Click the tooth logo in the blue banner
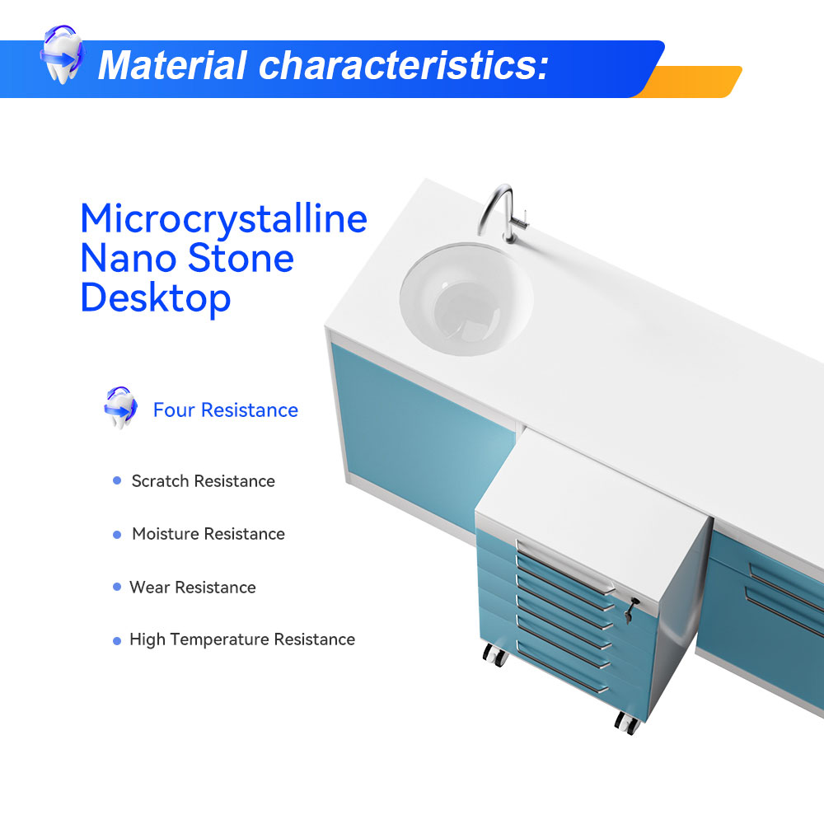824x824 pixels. click(62, 54)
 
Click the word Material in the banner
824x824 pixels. click(172, 65)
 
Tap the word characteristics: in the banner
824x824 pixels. click(404, 65)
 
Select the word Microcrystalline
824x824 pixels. click(224, 218)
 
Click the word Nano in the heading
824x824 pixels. click(129, 258)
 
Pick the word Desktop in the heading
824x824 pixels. click(156, 298)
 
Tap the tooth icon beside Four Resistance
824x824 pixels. click(120, 408)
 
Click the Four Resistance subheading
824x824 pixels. click(226, 410)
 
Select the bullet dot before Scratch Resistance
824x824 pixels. click(117, 480)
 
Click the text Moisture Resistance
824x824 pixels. click(208, 534)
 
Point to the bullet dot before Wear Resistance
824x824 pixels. click(117, 587)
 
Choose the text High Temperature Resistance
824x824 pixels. click(242, 639)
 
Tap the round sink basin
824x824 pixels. click(466, 298)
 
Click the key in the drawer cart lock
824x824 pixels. click(630, 610)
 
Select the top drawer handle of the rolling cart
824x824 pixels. click(565, 567)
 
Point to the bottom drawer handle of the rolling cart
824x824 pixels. click(563, 667)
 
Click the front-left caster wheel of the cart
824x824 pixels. click(494, 655)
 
